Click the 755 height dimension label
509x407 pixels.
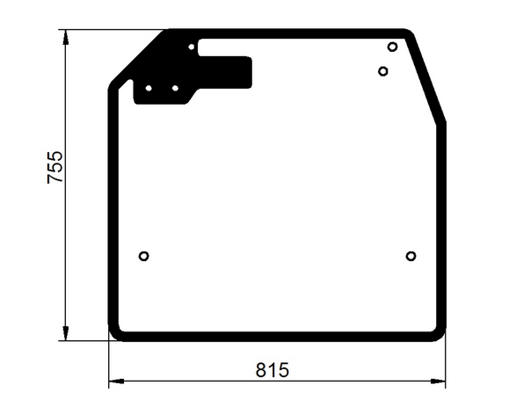click(55, 167)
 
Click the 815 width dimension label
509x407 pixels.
click(272, 370)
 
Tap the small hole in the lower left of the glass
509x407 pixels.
click(144, 256)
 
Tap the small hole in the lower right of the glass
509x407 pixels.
click(411, 256)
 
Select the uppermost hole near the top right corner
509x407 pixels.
click(392, 47)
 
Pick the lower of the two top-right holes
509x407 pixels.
click(383, 71)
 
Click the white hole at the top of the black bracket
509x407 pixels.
click(192, 47)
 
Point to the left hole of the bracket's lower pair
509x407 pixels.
click(149, 88)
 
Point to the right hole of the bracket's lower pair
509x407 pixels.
click(175, 88)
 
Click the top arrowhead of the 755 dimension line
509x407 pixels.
click(66, 37)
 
